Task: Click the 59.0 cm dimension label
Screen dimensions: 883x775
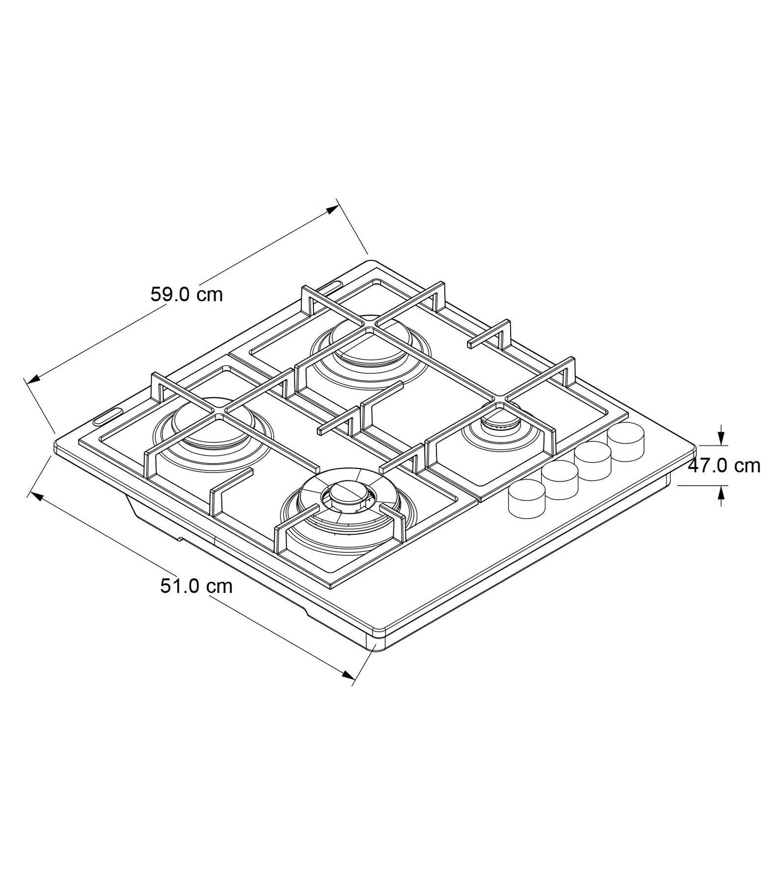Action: [x=186, y=295]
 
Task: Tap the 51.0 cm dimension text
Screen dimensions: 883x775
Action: [x=196, y=586]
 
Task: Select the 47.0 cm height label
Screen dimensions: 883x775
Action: [x=723, y=465]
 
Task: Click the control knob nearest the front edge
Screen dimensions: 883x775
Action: [x=527, y=498]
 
